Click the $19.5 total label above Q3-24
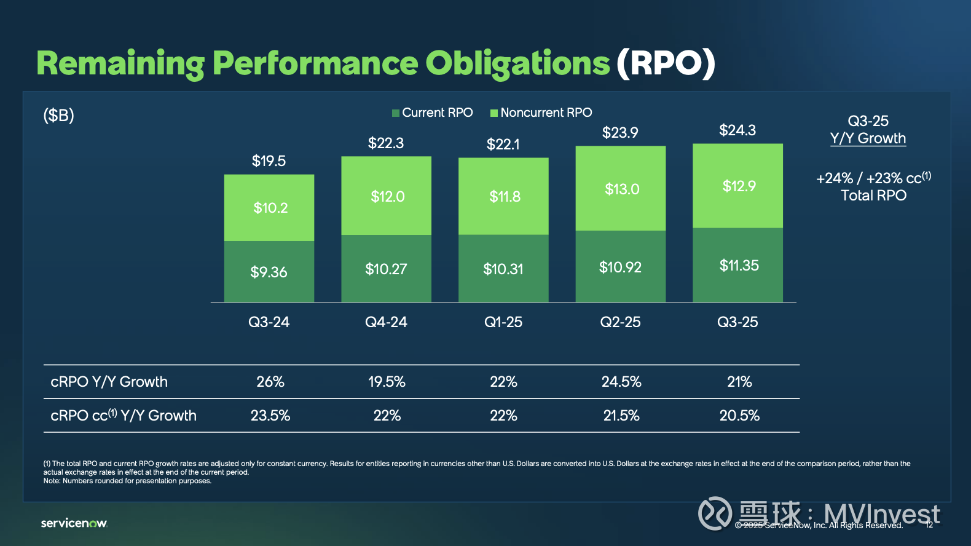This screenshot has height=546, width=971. [x=269, y=161]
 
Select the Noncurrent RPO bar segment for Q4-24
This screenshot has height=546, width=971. [x=387, y=196]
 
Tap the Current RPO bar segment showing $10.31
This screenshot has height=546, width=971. [x=503, y=269]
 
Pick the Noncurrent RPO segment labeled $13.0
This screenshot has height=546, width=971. [x=621, y=189]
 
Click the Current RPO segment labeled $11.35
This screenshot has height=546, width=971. [x=738, y=266]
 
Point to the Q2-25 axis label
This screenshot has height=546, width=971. [x=620, y=322]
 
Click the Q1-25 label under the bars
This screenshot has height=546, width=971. [x=503, y=322]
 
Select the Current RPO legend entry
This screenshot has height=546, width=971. [x=433, y=113]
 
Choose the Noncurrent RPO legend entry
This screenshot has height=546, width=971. [x=541, y=113]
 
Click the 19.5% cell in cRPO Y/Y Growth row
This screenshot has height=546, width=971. [x=387, y=382]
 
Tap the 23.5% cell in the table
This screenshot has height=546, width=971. [x=270, y=416]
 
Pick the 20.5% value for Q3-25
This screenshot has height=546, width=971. [x=739, y=416]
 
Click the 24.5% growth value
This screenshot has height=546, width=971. [x=621, y=382]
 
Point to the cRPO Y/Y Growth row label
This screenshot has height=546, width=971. [x=109, y=382]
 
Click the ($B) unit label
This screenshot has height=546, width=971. [x=58, y=115]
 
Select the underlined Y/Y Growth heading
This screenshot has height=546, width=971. [x=868, y=138]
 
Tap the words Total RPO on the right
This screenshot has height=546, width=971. [x=873, y=196]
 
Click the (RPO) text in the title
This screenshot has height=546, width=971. [x=666, y=63]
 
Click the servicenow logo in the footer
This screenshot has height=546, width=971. [x=74, y=523]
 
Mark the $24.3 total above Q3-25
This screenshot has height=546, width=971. [x=737, y=130]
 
